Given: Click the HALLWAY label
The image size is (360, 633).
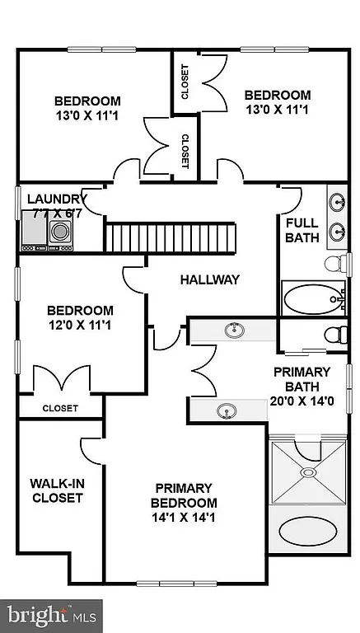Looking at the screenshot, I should pos(209,279).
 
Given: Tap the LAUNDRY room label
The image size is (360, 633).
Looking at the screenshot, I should pos(56,199).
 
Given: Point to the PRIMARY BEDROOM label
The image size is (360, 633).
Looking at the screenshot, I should pos(184,495).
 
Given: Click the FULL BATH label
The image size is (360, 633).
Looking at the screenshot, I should pos(302,230).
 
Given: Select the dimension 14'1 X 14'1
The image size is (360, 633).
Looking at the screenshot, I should pos(184,518).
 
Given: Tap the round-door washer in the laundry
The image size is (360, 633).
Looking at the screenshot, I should pos(60,232).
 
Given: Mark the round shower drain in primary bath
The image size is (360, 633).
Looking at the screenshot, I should pos(307,473).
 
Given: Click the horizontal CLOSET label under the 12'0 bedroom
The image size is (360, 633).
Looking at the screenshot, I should pos(59,408).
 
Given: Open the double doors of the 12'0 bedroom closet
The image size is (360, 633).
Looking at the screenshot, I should pos(60,381).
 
